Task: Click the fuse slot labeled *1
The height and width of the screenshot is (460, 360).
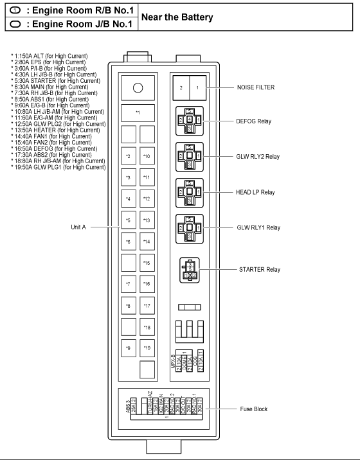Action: pos(138,113)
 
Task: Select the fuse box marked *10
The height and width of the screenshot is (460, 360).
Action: pos(147,156)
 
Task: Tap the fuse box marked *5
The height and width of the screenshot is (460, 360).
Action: pos(129,220)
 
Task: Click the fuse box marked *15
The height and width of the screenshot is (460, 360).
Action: pos(147,263)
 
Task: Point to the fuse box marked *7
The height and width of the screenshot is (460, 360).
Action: pos(129,284)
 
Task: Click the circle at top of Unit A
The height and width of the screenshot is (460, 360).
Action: pos(137,88)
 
